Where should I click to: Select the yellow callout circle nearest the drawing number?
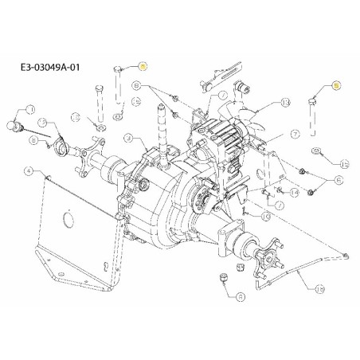(x=142, y=67)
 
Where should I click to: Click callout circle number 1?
(x=31, y=108)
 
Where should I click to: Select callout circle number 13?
(x=284, y=102)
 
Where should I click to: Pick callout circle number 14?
(x=294, y=193)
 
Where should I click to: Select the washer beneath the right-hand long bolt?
(x=317, y=151)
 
